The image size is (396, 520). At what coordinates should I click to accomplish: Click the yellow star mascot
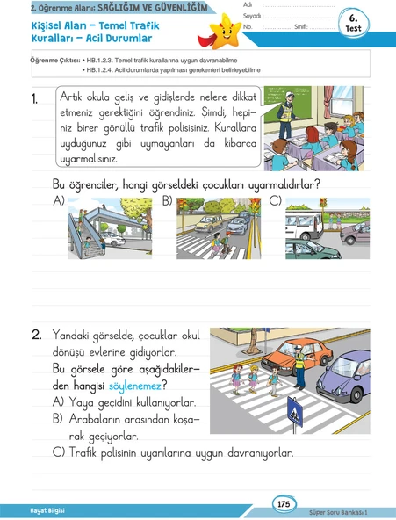tap(225, 32)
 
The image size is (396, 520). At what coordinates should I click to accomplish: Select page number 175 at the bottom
tap(284, 504)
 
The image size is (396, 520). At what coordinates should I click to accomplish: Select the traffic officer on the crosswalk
tap(300, 367)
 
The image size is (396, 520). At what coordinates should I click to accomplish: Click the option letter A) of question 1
tap(58, 201)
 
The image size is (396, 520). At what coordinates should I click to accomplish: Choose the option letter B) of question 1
tap(168, 201)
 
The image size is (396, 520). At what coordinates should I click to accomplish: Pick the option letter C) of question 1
tap(275, 201)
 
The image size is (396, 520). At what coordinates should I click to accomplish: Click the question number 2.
tap(37, 335)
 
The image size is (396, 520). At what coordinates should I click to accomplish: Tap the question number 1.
tap(35, 98)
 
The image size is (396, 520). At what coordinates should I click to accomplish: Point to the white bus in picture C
tap(304, 225)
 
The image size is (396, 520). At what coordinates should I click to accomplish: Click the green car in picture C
tap(311, 249)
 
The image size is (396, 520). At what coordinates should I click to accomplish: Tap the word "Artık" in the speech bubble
tap(71, 97)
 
